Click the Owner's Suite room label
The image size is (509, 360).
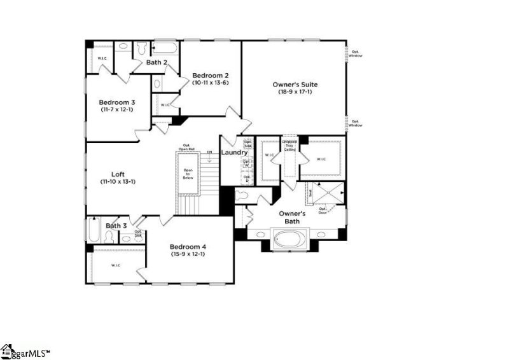point(295,85)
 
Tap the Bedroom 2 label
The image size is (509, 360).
point(211,75)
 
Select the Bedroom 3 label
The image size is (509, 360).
point(116,102)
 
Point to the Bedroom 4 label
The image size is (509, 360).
point(188,247)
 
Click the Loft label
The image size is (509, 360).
point(118,173)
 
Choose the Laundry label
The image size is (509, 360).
point(234,153)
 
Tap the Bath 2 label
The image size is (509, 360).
point(157,62)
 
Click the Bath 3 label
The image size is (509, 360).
point(116,226)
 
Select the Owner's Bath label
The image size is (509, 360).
point(293,218)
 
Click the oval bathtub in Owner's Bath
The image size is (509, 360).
point(290,240)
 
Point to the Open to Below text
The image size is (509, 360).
point(188,174)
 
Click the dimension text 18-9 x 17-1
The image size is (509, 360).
point(295,92)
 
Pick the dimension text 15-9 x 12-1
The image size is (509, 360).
point(188,254)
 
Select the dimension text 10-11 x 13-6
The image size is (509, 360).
point(211,83)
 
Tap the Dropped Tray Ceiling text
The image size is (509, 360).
point(289,146)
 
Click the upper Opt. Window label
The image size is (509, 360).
point(355,53)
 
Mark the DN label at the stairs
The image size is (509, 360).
point(209,153)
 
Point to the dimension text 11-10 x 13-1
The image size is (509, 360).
point(118,181)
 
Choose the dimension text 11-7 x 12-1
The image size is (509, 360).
point(116,109)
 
